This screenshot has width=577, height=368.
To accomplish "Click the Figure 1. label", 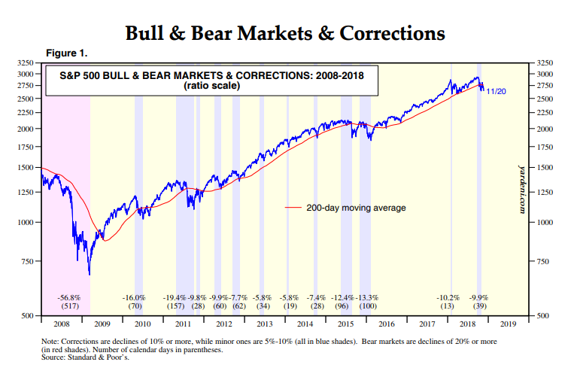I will (67, 53).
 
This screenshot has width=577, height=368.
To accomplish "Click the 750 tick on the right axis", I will (545, 261).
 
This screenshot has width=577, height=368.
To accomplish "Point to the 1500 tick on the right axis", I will (546, 168).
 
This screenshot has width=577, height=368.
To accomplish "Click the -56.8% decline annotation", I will (68, 299).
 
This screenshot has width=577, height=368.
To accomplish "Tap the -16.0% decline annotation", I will (135, 299).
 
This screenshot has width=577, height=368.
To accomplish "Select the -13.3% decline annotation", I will (368, 299).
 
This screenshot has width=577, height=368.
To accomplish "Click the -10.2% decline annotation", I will (448, 299).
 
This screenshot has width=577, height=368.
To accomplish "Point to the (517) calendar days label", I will (68, 307).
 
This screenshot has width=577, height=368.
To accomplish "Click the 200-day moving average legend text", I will (355, 207).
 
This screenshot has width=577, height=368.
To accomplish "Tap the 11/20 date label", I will (495, 91).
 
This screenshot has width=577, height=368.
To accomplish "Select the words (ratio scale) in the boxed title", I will (210, 86).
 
